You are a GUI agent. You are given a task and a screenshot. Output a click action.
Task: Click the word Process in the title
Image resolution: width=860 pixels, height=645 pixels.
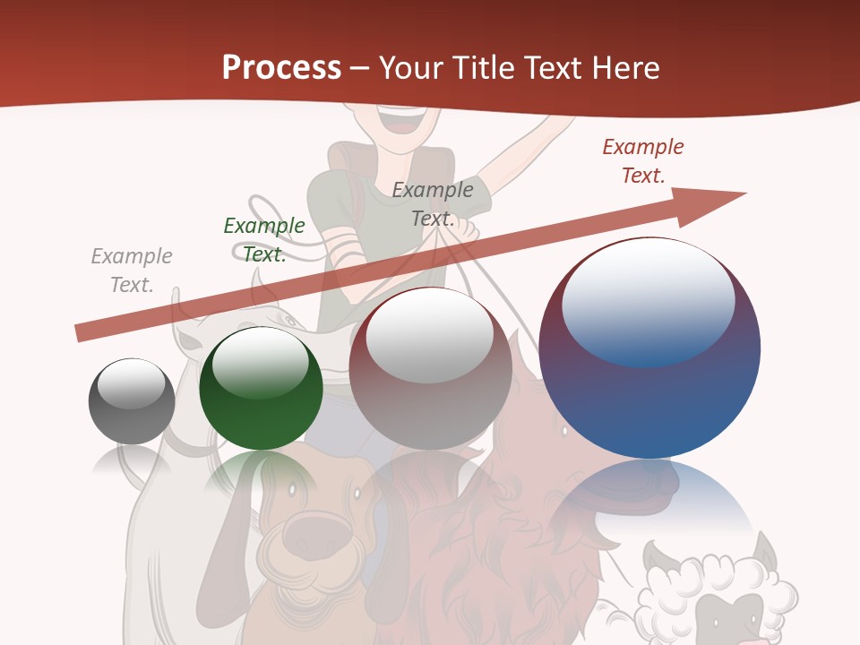coord(281,68)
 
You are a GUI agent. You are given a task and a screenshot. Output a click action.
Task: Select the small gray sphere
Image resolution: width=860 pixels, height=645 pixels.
coord(132,401)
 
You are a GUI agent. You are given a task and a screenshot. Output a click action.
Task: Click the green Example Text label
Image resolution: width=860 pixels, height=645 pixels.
coord(264,240)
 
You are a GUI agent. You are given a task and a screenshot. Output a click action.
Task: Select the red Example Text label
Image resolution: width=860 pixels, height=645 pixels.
coord(643,161)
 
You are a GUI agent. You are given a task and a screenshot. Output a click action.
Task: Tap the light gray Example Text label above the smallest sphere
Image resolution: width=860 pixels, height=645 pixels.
coord(132,271)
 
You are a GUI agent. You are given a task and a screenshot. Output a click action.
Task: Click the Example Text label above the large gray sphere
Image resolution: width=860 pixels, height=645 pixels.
coord(433,204)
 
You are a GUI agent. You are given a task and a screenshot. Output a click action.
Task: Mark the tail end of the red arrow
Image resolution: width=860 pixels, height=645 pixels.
coord(81,333)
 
